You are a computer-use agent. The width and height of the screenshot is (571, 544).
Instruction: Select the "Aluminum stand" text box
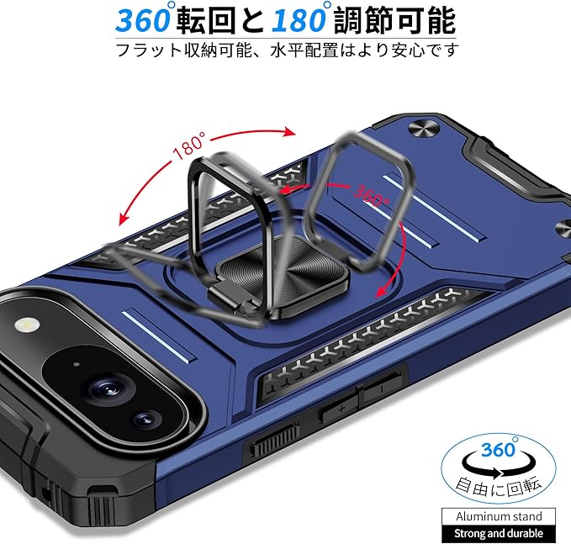pos(505,515)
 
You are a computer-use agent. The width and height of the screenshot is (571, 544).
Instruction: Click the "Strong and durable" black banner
pos(505,533)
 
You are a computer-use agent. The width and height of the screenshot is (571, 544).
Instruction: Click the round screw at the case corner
pos(422,129)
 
